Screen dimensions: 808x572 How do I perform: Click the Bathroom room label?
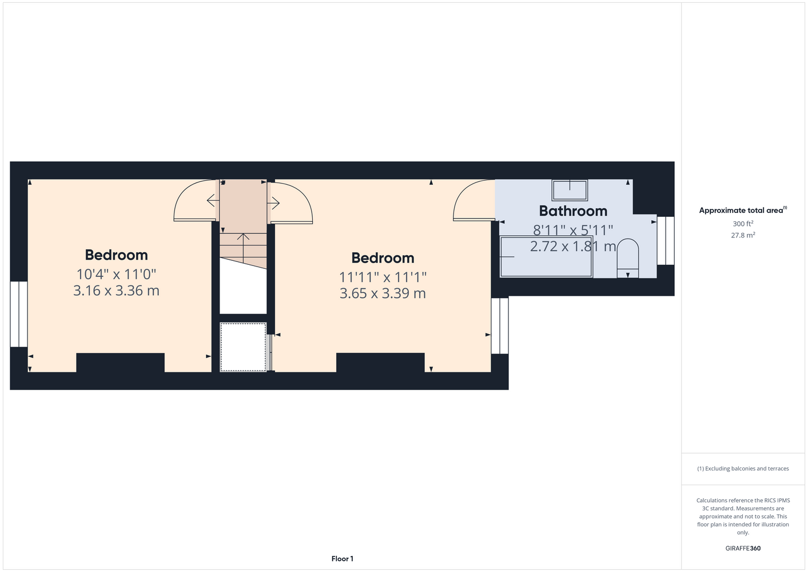coord(573,211)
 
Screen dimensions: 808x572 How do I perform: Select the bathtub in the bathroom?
coord(546,257)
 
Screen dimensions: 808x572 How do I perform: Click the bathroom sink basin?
coord(570,190)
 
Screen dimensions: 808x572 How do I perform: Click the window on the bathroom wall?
coord(666,240)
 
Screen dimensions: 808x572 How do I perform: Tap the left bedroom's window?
coord(19,314)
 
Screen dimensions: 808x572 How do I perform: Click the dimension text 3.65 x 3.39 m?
coord(383,293)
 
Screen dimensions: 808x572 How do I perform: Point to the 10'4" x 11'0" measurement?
coord(116,274)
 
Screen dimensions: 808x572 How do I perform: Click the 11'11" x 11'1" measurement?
coord(383,277)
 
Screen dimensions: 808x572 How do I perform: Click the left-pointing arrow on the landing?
coord(213,200)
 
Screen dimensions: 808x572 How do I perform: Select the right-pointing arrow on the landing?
coord(273,203)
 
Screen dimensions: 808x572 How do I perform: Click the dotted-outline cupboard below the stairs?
coord(243,347)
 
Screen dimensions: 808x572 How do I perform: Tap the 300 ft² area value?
coord(743,224)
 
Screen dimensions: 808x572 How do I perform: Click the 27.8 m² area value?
coord(743,235)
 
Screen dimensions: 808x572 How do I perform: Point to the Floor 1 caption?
coord(343,559)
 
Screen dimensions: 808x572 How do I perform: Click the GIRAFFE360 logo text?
coord(743,548)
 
